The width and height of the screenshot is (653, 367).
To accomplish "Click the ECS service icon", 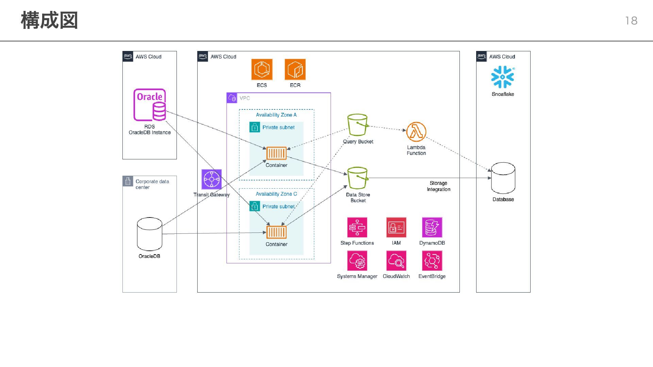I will pyautogui.click(x=262, y=69).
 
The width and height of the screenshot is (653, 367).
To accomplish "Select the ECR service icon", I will pyautogui.click(x=295, y=69).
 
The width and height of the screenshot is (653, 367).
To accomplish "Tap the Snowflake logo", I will pyautogui.click(x=503, y=77).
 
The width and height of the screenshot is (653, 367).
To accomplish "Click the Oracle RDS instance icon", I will pyautogui.click(x=150, y=105).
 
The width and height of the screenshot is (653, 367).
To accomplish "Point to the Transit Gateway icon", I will pyautogui.click(x=212, y=179).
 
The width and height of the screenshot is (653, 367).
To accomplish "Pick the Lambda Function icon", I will pyautogui.click(x=416, y=132).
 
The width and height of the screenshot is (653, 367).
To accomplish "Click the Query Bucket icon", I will pyautogui.click(x=357, y=125).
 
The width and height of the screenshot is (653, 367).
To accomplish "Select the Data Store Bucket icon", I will pyautogui.click(x=357, y=178).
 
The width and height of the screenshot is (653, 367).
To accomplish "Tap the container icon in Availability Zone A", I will pyautogui.click(x=276, y=153).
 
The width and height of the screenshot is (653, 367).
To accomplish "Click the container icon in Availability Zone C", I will pyautogui.click(x=276, y=232).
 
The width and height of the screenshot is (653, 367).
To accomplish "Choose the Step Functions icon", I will pyautogui.click(x=357, y=227).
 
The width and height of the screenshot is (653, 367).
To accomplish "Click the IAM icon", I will pyautogui.click(x=396, y=227).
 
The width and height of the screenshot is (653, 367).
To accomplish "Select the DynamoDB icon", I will pyautogui.click(x=432, y=227).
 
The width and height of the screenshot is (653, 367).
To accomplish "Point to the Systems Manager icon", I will pyautogui.click(x=357, y=261).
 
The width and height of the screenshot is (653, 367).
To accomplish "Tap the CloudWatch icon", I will pyautogui.click(x=396, y=261).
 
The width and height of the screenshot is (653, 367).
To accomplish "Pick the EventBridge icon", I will pyautogui.click(x=432, y=261).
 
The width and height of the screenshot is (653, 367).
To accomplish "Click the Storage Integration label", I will pyautogui.click(x=438, y=186).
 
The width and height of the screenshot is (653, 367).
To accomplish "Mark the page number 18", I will pyautogui.click(x=631, y=21).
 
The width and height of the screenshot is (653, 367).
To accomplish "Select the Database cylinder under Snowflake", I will pyautogui.click(x=503, y=178).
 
